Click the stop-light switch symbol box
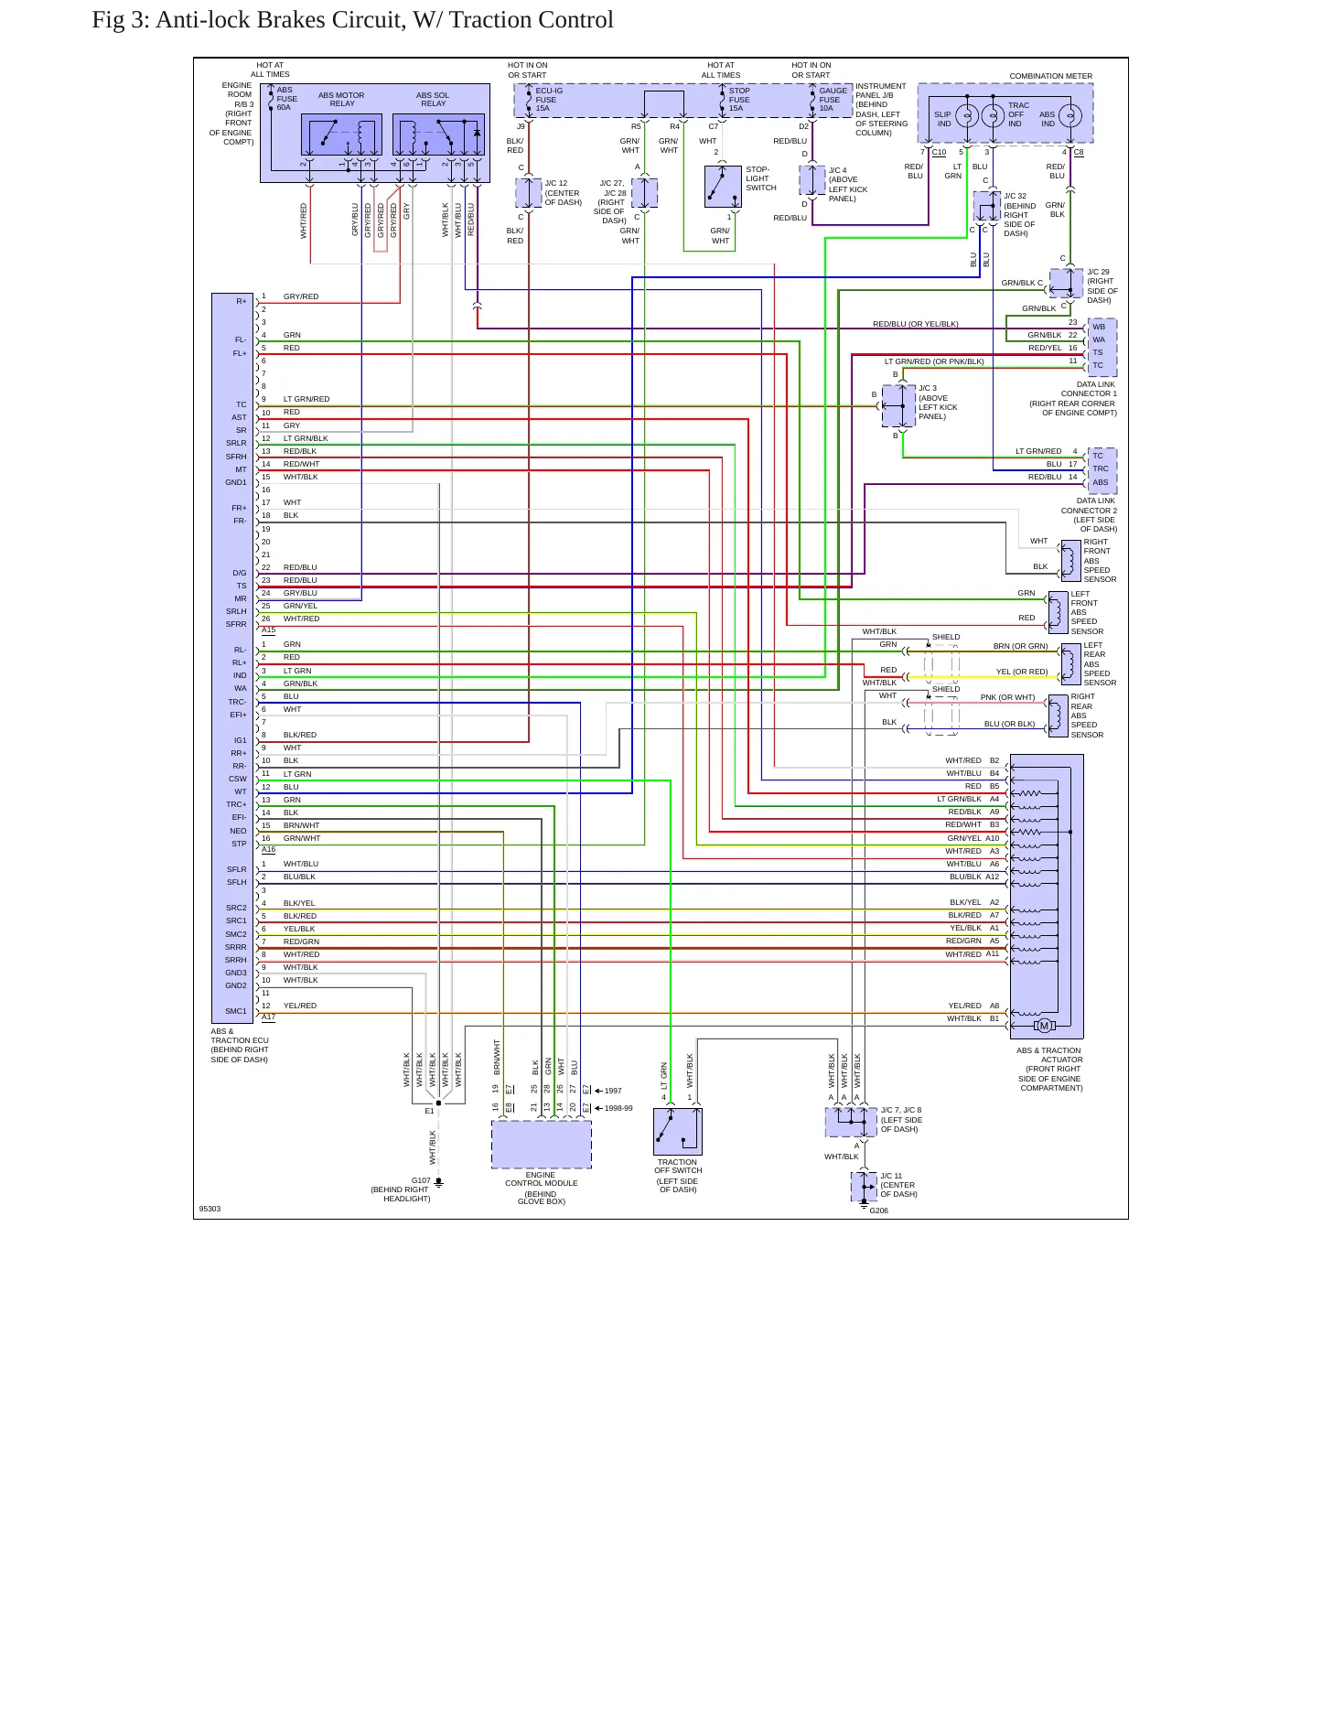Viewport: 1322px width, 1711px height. point(723,187)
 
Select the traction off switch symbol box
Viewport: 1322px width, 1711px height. point(678,1132)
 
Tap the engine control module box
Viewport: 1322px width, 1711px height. point(542,1145)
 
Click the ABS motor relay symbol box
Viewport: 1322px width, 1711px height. point(341,135)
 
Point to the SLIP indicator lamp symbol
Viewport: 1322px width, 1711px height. point(967,115)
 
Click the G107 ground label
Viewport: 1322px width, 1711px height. point(421,1180)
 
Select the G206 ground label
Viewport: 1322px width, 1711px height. point(878,1211)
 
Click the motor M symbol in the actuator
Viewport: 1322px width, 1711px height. point(1044,1026)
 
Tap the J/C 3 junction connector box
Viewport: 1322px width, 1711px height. point(898,405)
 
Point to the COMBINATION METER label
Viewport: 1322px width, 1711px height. point(1050,76)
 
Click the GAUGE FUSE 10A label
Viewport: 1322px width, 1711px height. point(833,100)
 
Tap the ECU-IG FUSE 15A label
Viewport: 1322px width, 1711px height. point(549,100)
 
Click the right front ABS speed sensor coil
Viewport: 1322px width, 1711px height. point(1069,561)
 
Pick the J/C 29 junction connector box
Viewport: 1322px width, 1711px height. point(1067,284)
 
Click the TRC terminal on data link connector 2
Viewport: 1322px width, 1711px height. point(1101,468)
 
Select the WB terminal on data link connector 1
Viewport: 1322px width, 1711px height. point(1099,327)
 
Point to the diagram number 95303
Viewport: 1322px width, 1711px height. point(210,1209)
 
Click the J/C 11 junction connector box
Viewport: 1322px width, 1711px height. point(864,1187)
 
